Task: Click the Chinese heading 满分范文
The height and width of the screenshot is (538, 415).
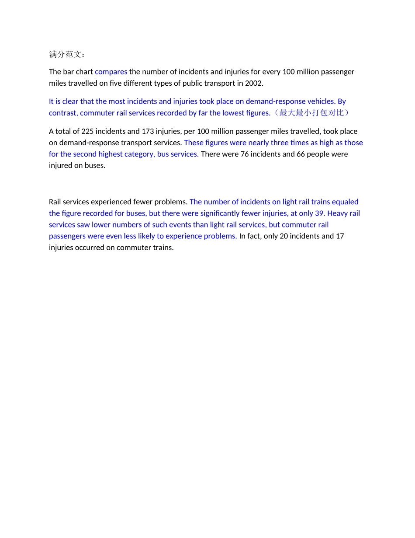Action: coord(66,54)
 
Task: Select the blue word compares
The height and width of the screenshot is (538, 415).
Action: coord(111,72)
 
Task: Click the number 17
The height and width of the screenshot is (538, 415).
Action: coord(340,236)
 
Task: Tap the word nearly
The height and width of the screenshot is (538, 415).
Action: coord(258,143)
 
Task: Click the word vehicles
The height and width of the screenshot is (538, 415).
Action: coord(321,101)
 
